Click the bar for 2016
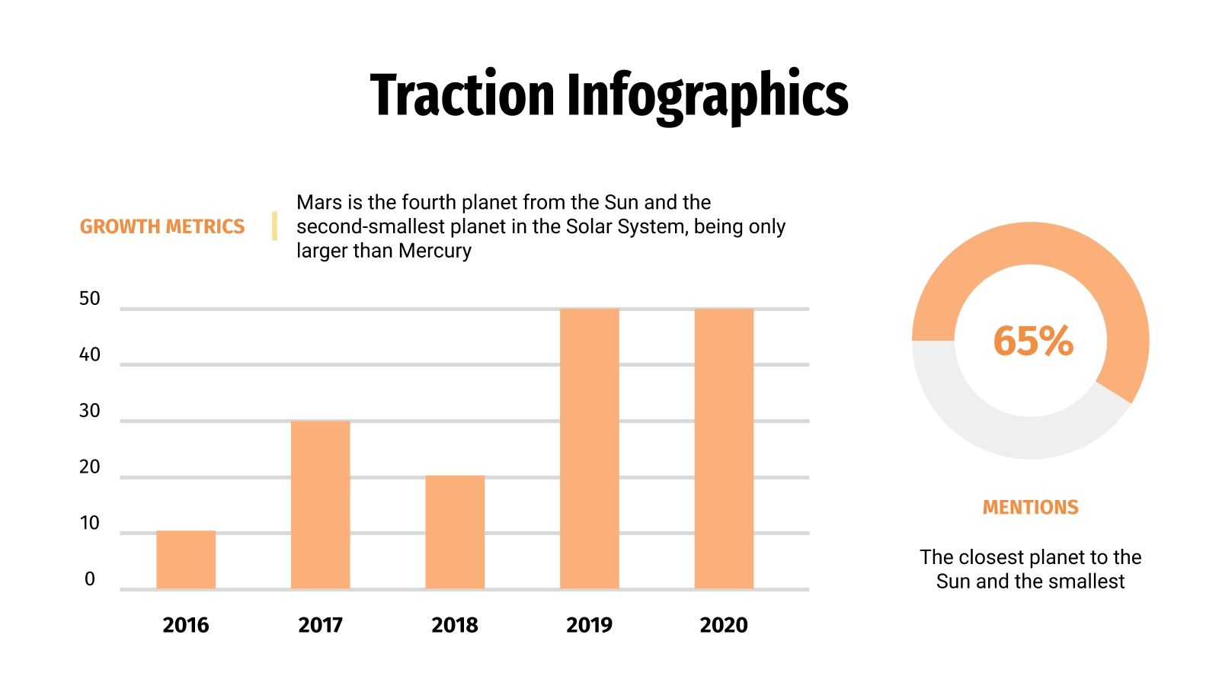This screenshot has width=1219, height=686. point(186,560)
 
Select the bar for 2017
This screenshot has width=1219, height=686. point(320,505)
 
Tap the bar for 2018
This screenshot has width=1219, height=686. point(455,532)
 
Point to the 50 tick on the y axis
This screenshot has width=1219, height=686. point(90,299)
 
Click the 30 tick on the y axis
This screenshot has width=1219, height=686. point(90,411)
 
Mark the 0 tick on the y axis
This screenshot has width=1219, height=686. point(90,579)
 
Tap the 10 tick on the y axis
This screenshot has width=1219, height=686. point(90,523)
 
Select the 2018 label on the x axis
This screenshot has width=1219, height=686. point(455,625)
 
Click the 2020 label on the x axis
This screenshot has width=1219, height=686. point(724,625)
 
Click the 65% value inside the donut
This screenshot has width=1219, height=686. point(1032,341)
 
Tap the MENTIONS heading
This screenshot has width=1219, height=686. point(1030,508)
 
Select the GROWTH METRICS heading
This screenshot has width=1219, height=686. point(162,226)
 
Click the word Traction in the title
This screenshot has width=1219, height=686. point(462,95)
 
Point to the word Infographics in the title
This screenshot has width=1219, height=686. point(706,95)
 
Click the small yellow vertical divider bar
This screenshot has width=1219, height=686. point(274,226)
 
